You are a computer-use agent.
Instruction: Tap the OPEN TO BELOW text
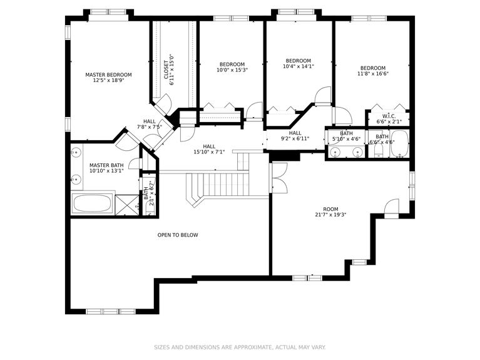click(x=178, y=235)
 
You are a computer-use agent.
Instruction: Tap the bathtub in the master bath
click(x=93, y=203)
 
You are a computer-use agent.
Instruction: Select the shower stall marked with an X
click(x=128, y=204)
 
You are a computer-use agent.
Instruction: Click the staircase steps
click(x=219, y=184)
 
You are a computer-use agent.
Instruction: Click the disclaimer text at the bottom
click(x=240, y=347)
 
